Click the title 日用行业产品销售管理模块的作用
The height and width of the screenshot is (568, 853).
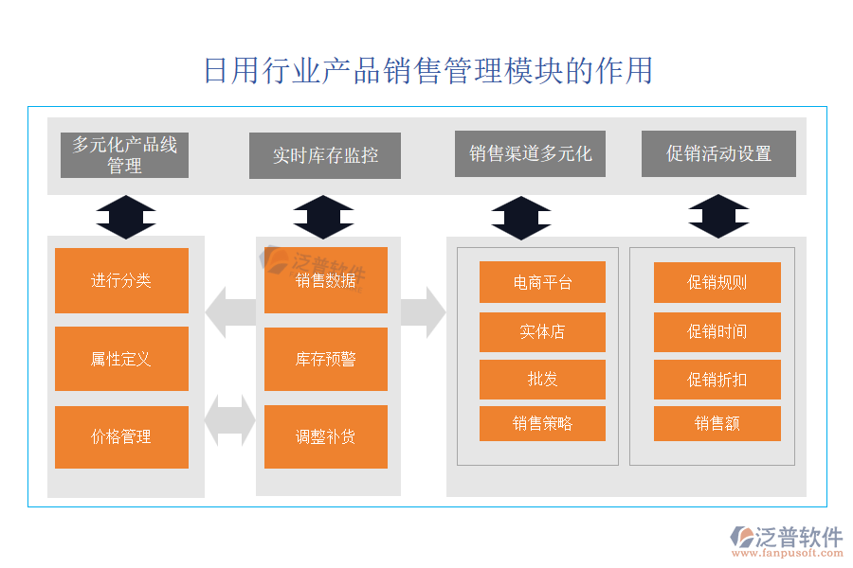[427, 71]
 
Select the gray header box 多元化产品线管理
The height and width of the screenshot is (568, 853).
[124, 154]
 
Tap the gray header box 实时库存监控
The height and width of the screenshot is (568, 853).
[325, 155]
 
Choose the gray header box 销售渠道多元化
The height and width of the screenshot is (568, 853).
[530, 153]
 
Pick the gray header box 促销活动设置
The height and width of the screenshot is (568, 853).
[718, 153]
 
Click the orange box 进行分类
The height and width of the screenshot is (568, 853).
[121, 280]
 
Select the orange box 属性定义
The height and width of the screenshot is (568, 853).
[121, 359]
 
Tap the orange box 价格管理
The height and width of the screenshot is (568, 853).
[121, 436]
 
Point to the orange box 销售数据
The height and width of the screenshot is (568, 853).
[326, 280]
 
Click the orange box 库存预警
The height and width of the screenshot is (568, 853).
[326, 359]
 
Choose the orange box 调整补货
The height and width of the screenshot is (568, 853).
[326, 436]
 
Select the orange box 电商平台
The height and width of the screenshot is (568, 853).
[542, 282]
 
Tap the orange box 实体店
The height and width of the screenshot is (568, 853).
[542, 331]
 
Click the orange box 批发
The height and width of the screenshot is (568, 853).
[542, 379]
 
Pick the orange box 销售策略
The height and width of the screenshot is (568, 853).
[542, 423]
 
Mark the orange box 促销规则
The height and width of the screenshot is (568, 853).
[717, 282]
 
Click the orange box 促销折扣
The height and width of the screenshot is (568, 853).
[717, 379]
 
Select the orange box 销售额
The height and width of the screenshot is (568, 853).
[717, 423]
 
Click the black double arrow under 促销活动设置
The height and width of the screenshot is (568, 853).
[718, 216]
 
